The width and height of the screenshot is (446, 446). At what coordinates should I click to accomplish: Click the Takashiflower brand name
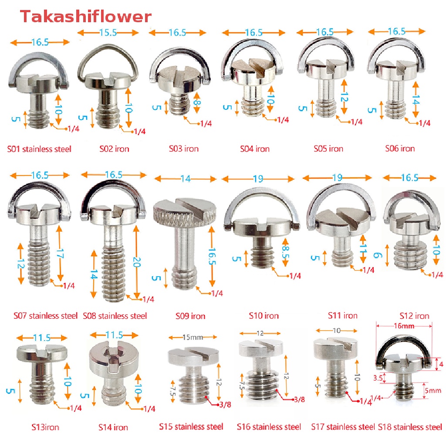coord(86,17)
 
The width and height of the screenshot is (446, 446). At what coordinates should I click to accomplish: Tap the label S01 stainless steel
coord(39,149)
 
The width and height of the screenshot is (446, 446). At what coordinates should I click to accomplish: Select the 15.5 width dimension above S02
coord(108,33)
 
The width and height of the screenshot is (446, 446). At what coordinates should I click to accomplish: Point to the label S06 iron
coord(400,149)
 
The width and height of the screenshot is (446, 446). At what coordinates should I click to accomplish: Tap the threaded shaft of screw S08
coord(114,273)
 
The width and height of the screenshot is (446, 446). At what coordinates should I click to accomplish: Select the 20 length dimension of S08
coord(136,262)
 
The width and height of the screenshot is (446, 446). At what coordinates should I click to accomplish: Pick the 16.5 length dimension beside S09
coord(212,256)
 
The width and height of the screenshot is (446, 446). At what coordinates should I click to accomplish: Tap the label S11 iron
coord(342,315)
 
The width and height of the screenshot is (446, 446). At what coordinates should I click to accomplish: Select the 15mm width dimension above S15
coord(193,338)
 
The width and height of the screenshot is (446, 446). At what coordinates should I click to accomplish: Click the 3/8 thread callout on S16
coord(299,399)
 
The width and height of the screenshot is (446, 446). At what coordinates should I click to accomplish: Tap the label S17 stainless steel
coord(343,427)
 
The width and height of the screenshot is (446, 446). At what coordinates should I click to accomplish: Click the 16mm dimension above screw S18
coord(404,326)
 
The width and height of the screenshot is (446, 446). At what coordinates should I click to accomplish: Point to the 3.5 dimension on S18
coord(378,378)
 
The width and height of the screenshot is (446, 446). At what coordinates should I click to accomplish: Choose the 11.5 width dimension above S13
coord(42,338)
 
